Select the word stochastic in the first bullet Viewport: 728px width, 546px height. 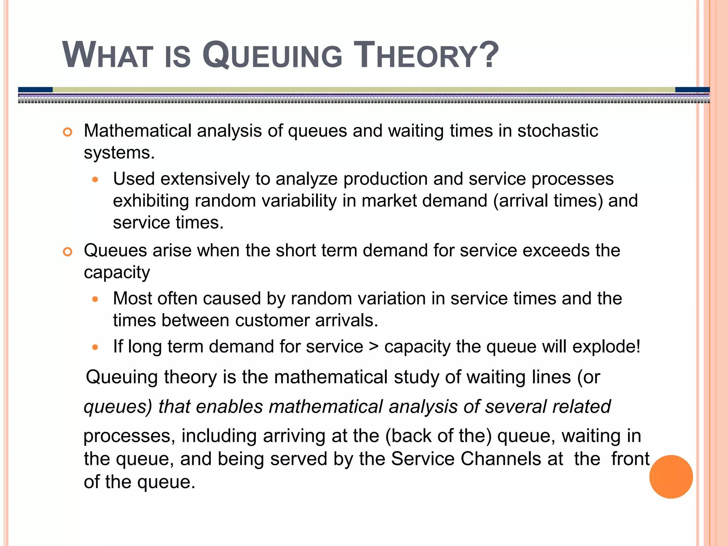[557, 131]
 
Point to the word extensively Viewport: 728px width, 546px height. [205, 179]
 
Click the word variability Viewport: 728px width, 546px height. [299, 201]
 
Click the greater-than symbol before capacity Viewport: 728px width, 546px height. [374, 347]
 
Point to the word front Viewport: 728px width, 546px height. [630, 459]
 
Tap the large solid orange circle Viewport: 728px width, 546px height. [671, 477]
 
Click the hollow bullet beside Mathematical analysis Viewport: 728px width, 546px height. [67, 132]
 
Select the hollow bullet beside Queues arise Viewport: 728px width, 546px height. [67, 252]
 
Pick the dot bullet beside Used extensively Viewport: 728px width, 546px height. [95, 180]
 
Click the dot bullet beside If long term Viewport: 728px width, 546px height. [95, 347]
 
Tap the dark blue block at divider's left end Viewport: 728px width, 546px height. [35, 90]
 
